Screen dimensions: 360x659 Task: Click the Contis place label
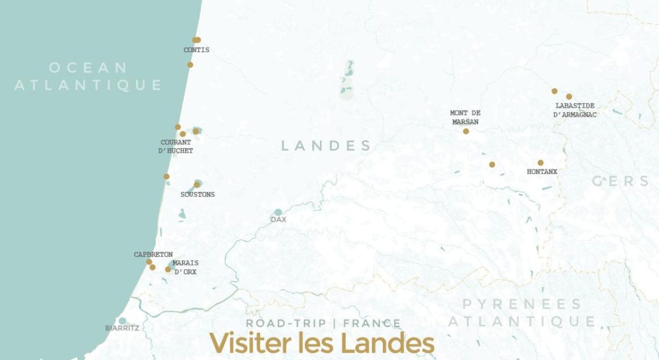pos(196,50)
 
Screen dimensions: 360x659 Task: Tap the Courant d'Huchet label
pos(176,147)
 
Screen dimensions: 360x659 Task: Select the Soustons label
pos(198,194)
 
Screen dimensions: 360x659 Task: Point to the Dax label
pos(279,220)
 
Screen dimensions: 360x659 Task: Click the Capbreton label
pos(153,255)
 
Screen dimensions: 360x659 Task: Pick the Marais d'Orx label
pos(185,268)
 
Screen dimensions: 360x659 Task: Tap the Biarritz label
pos(122,328)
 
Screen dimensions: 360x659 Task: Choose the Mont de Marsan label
pos(465,117)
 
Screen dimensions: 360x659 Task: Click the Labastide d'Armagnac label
pos(575,110)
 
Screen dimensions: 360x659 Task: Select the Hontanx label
pos(542,172)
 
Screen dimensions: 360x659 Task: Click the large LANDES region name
pos(326,146)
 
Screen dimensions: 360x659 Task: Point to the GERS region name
pos(620,182)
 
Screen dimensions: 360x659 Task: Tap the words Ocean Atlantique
pos(89,76)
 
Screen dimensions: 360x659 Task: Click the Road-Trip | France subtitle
pos(323,323)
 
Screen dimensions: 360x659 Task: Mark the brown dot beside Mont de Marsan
pos(466,131)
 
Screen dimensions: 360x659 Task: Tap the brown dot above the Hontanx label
pos(541,163)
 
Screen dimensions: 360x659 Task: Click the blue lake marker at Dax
pos(278,212)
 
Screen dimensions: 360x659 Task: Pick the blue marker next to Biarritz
pos(122,321)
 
